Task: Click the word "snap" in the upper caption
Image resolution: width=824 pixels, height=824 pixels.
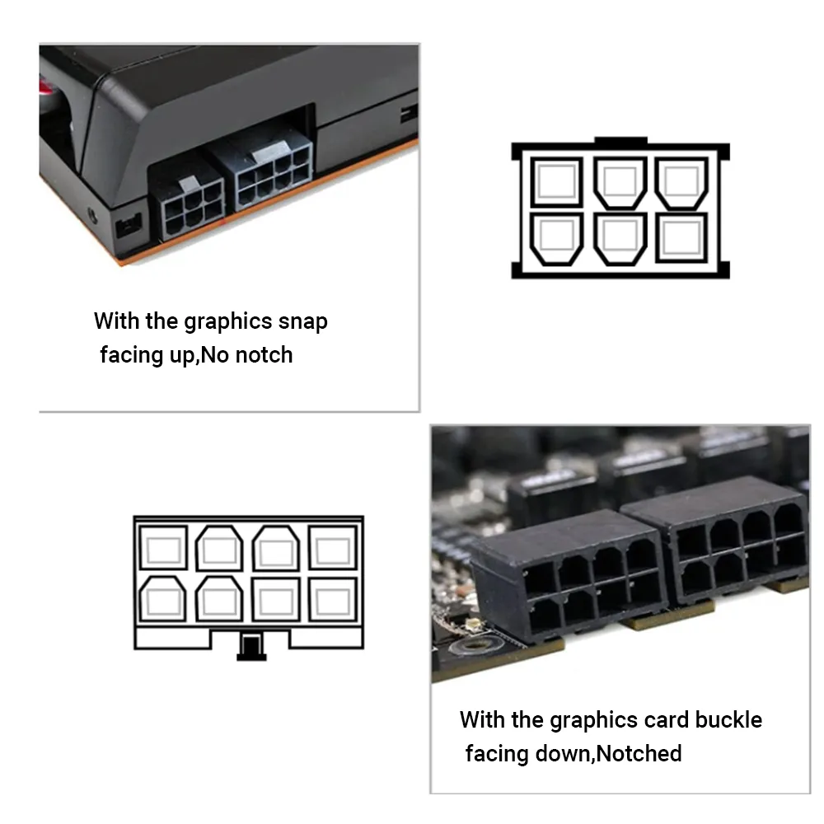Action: pyautogui.click(x=302, y=321)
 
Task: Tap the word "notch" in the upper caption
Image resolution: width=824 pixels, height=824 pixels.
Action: pyautogui.click(x=264, y=355)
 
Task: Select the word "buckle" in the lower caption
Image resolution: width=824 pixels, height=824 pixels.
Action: pyautogui.click(x=728, y=720)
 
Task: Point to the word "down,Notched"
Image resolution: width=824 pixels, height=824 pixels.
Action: pyautogui.click(x=608, y=754)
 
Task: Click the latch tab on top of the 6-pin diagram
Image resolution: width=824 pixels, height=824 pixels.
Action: pyautogui.click(x=620, y=140)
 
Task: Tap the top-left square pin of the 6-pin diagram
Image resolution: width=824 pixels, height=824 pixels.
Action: pyautogui.click(x=556, y=181)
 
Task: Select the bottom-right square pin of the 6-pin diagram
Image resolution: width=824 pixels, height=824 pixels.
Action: pyautogui.click(x=681, y=237)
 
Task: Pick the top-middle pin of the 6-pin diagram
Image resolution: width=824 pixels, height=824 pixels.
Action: pyautogui.click(x=620, y=182)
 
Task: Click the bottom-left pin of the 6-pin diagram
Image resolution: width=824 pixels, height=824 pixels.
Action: pyautogui.click(x=556, y=239)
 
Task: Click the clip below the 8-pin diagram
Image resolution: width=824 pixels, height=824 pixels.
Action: pyautogui.click(x=251, y=646)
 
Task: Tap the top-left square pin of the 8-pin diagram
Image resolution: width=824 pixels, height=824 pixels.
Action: pyautogui.click(x=163, y=547)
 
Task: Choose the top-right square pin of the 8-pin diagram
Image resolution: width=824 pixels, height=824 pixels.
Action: pyautogui.click(x=333, y=547)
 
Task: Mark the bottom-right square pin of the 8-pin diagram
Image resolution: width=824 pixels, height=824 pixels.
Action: pyautogui.click(x=333, y=600)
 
